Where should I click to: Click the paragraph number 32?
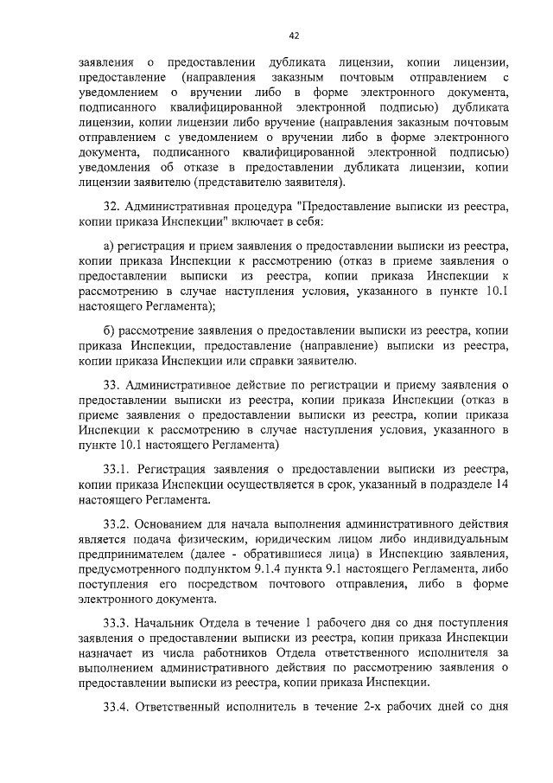pos(111,209)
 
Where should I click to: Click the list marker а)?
pos(110,249)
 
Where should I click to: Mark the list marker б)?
pos(110,331)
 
